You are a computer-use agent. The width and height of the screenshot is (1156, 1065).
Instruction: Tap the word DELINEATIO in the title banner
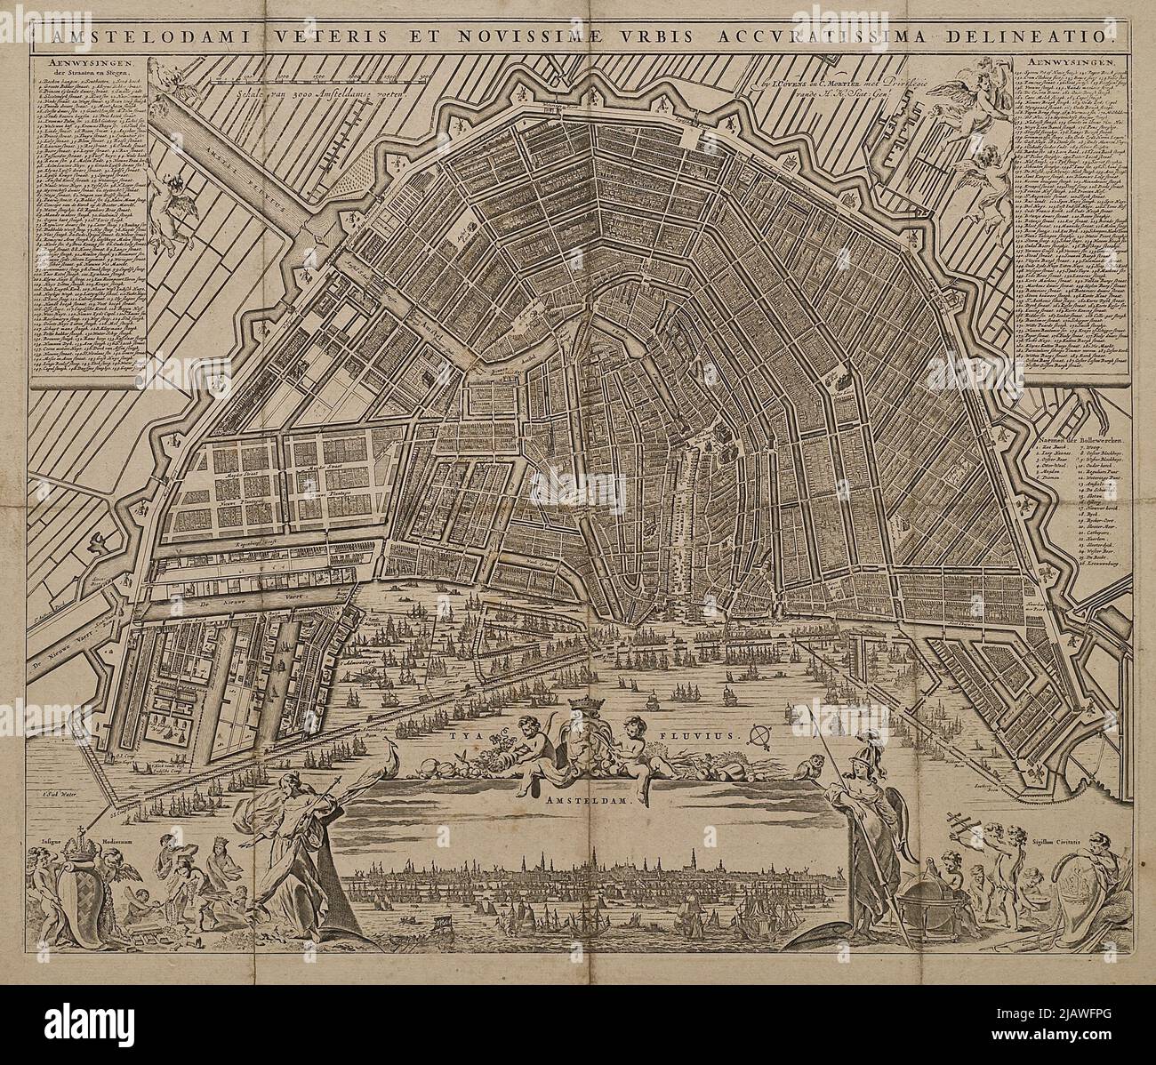click(x=1041, y=37)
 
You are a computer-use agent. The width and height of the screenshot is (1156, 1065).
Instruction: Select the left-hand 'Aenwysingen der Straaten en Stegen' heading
click(x=85, y=69)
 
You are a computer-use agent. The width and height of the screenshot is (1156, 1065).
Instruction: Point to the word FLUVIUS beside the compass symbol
click(x=700, y=736)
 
